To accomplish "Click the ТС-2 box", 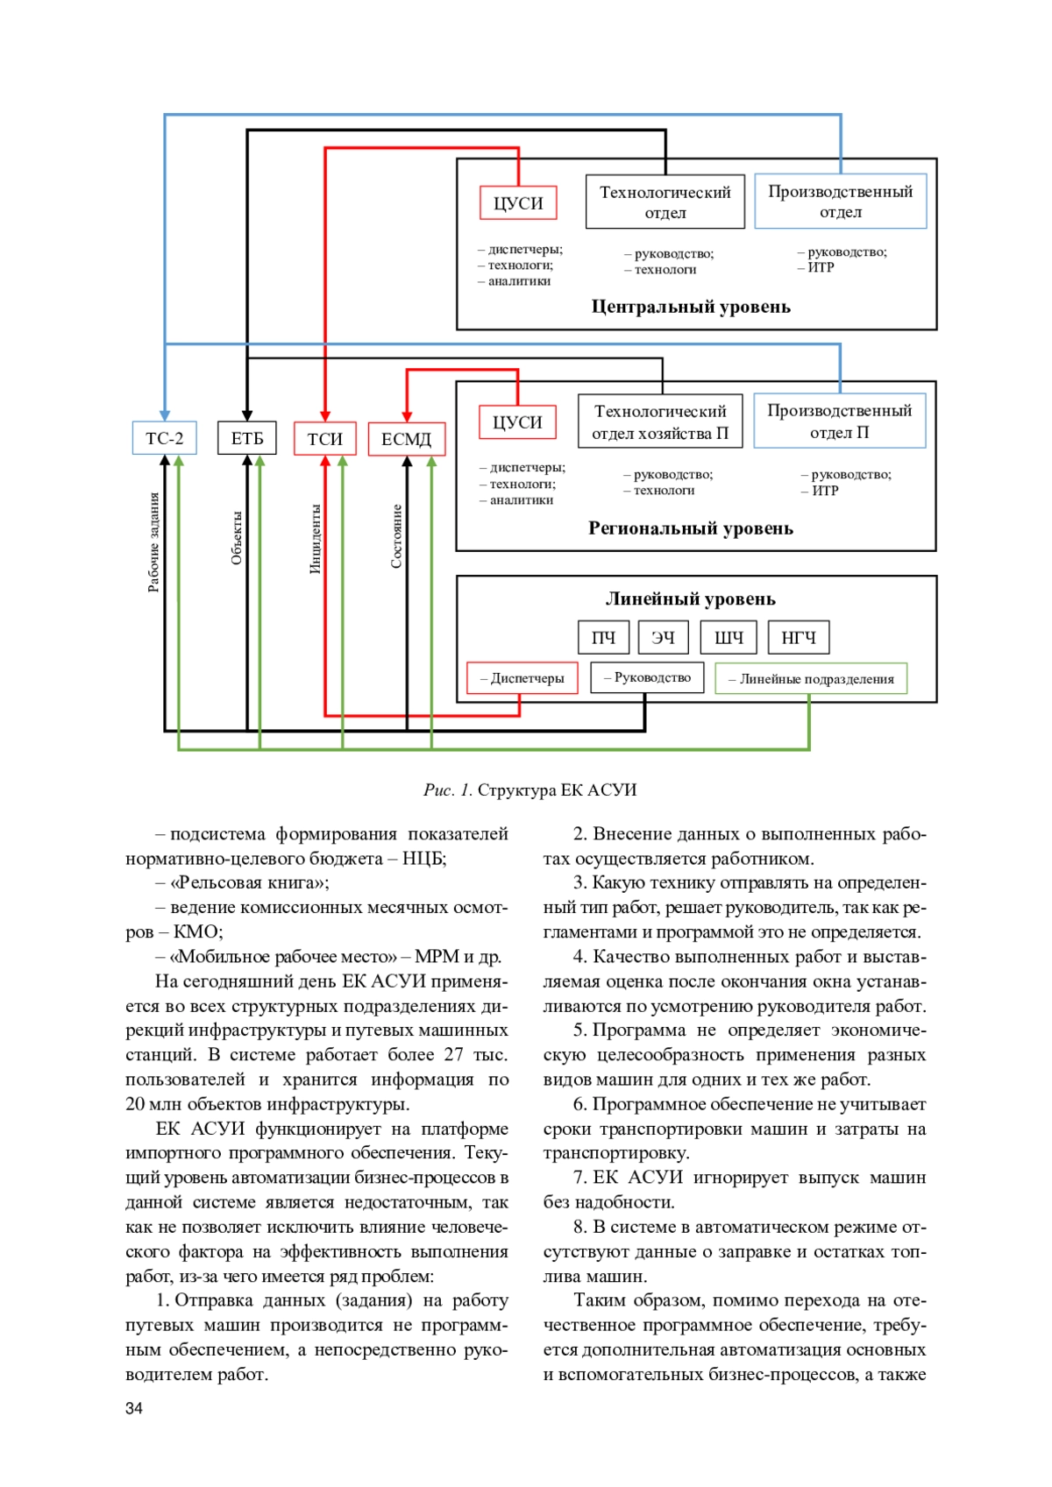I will click(x=164, y=438).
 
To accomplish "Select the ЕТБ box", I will click(x=247, y=438).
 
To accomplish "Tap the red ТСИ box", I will click(x=324, y=438).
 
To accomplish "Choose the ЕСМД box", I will click(x=406, y=439).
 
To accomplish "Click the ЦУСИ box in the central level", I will click(x=518, y=203).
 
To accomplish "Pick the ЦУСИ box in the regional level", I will click(x=517, y=422).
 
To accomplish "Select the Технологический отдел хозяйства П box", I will click(x=660, y=421).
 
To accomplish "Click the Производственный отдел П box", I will click(x=840, y=421).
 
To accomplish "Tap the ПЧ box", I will click(x=603, y=638).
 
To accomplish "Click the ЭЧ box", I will click(x=663, y=638).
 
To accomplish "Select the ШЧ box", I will click(x=729, y=638).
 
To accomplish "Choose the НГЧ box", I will click(x=798, y=638).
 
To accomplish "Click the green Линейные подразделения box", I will click(x=811, y=679).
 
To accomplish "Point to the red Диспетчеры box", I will click(x=522, y=678).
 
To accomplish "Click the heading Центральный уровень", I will click(x=691, y=307).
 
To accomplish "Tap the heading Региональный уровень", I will click(x=691, y=528).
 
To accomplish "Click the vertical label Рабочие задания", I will click(x=154, y=542).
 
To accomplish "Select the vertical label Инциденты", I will click(x=316, y=539).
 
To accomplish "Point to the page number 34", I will click(x=134, y=1408).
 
